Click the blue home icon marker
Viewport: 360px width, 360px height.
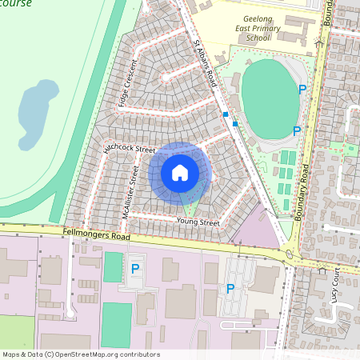tap(180, 172)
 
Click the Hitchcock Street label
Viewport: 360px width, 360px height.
tap(129, 147)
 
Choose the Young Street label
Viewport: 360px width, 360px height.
tap(198, 222)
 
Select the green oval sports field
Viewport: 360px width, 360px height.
tap(270, 94)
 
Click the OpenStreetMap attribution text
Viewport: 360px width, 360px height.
tap(80, 354)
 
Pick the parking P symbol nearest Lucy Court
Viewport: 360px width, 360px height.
tap(230, 289)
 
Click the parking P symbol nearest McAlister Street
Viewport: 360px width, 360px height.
tap(135, 269)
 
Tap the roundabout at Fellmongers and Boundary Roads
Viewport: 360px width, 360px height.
tap(289, 255)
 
